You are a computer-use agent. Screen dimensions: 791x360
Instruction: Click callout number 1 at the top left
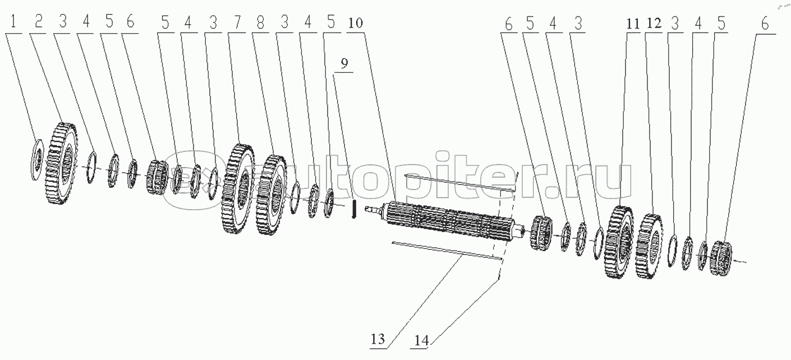pyautogui.click(x=13, y=22)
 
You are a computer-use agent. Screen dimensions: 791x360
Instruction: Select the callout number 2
pyautogui.click(x=39, y=22)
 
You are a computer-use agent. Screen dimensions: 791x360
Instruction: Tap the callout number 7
pyautogui.click(x=237, y=22)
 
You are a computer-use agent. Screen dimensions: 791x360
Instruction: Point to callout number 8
pyautogui.click(x=260, y=22)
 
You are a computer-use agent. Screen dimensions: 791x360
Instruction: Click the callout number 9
pyautogui.click(x=344, y=63)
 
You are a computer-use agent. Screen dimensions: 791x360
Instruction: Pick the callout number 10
pyautogui.click(x=355, y=23)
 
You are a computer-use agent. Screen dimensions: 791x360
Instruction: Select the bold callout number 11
pyautogui.click(x=633, y=24)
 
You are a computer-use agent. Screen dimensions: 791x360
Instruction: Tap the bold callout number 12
pyautogui.click(x=654, y=24)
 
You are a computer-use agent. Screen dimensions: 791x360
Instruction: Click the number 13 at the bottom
pyautogui.click(x=378, y=339)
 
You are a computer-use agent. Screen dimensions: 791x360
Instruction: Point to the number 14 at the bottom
pyautogui.click(x=421, y=340)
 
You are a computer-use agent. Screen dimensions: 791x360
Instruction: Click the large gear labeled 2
pyautogui.click(x=61, y=163)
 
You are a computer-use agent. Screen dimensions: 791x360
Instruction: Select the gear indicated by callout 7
pyautogui.click(x=238, y=188)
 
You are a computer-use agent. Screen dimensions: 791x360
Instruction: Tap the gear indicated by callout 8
pyautogui.click(x=270, y=195)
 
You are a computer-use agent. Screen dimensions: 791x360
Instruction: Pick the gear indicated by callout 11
pyautogui.click(x=619, y=242)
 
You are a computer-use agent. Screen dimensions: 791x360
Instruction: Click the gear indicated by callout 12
pyautogui.click(x=650, y=246)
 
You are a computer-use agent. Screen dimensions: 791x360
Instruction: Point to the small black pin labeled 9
pyautogui.click(x=354, y=209)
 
